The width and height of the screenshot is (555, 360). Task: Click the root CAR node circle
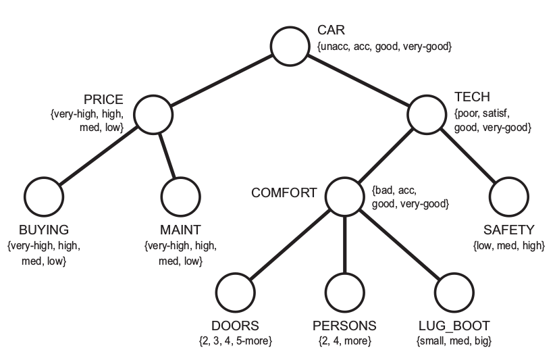pyautogui.click(x=292, y=46)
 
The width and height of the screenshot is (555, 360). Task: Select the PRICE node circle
pyautogui.click(x=155, y=113)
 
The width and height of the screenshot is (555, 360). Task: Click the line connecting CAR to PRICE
pyautogui.click(x=223, y=80)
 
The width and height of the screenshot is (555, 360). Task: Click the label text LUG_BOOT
pyautogui.click(x=454, y=326)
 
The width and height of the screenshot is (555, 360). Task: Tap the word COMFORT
pyautogui.click(x=284, y=192)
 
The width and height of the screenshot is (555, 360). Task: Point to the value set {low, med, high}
pyautogui.click(x=509, y=246)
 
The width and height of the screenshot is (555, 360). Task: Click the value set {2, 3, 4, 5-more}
pyautogui.click(x=236, y=341)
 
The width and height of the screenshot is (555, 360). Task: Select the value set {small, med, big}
pyautogui.click(x=454, y=341)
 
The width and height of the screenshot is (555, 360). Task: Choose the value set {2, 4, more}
pyautogui.click(x=344, y=341)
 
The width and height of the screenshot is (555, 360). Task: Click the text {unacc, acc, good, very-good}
pyautogui.click(x=384, y=47)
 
